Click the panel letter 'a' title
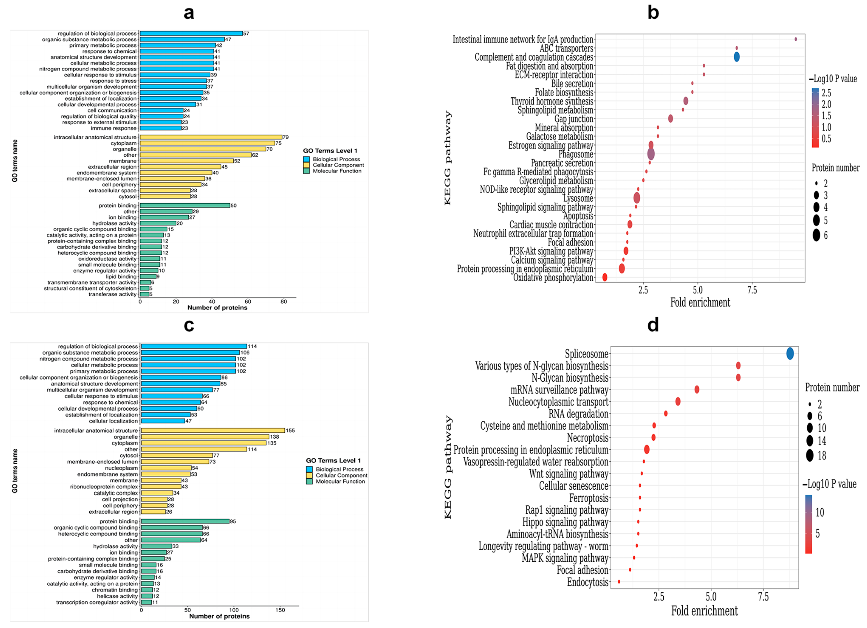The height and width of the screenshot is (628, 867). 189,13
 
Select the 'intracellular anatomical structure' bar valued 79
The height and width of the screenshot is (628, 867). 211,137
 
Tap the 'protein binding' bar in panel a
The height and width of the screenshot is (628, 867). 185,205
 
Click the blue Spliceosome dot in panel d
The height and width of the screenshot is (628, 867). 790,354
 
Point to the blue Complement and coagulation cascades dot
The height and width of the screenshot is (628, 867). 736,57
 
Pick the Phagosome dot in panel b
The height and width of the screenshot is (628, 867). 651,154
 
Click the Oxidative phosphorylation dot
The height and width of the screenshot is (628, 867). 604,277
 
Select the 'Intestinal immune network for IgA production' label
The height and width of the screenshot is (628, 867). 523,39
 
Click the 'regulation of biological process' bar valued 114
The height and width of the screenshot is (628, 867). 194,346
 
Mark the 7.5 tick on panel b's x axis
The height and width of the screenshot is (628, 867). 752,290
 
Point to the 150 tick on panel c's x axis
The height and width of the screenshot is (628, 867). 280,610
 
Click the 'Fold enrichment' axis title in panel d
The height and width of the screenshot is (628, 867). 704,611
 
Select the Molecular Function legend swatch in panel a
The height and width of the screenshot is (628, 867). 306,171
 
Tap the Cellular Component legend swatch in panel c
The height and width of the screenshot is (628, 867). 309,475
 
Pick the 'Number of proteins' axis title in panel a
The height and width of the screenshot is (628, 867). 217,308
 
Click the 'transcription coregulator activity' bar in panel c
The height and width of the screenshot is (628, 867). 146,602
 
